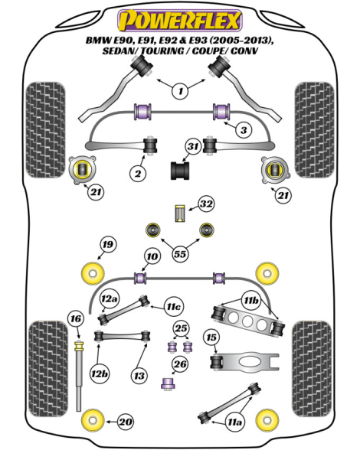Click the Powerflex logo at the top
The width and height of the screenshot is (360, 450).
[x=180, y=21]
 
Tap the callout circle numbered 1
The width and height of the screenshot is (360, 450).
[x=181, y=91]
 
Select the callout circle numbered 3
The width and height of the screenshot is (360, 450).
[x=244, y=130]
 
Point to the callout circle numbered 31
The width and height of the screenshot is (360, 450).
[x=193, y=147]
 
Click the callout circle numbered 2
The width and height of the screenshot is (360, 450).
[x=138, y=173]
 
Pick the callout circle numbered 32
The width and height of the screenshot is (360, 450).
[x=206, y=204]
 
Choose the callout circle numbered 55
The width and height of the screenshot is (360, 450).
[x=180, y=254]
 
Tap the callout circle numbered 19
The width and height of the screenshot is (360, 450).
[x=108, y=245]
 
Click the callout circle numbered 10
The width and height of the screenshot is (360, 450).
[x=152, y=256]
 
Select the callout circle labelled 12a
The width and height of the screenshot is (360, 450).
[x=109, y=299]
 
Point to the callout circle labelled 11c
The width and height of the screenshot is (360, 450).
[x=174, y=307]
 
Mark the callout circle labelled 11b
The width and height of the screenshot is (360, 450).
[x=250, y=300]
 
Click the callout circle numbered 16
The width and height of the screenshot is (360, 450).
[x=76, y=319]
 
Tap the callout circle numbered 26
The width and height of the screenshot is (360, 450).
[x=180, y=364]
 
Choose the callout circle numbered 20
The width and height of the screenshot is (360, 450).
[x=126, y=422]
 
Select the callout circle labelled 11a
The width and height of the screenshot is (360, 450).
[x=234, y=422]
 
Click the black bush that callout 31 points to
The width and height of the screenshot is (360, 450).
[x=180, y=171]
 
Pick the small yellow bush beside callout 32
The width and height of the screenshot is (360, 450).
[x=180, y=214]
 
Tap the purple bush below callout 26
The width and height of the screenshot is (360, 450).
[x=168, y=383]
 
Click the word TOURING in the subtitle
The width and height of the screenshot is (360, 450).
[x=162, y=51]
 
